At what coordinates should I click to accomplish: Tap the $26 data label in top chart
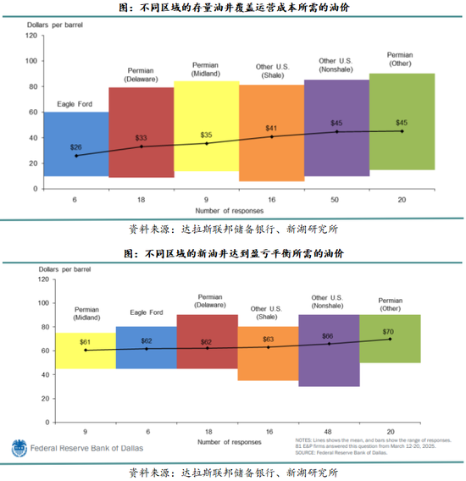pyautogui.click(x=76, y=147)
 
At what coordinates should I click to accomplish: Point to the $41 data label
pyautogui.click(x=271, y=127)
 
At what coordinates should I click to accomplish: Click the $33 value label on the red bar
pyautogui.click(x=141, y=137)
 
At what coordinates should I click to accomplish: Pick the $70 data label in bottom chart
pyautogui.click(x=390, y=331)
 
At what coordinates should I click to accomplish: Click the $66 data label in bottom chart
pyautogui.click(x=329, y=335)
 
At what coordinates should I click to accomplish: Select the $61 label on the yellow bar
pyautogui.click(x=85, y=341)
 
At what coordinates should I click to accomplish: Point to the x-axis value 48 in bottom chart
pyautogui.click(x=329, y=431)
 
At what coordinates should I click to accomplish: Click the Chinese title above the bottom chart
pyautogui.click(x=232, y=253)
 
